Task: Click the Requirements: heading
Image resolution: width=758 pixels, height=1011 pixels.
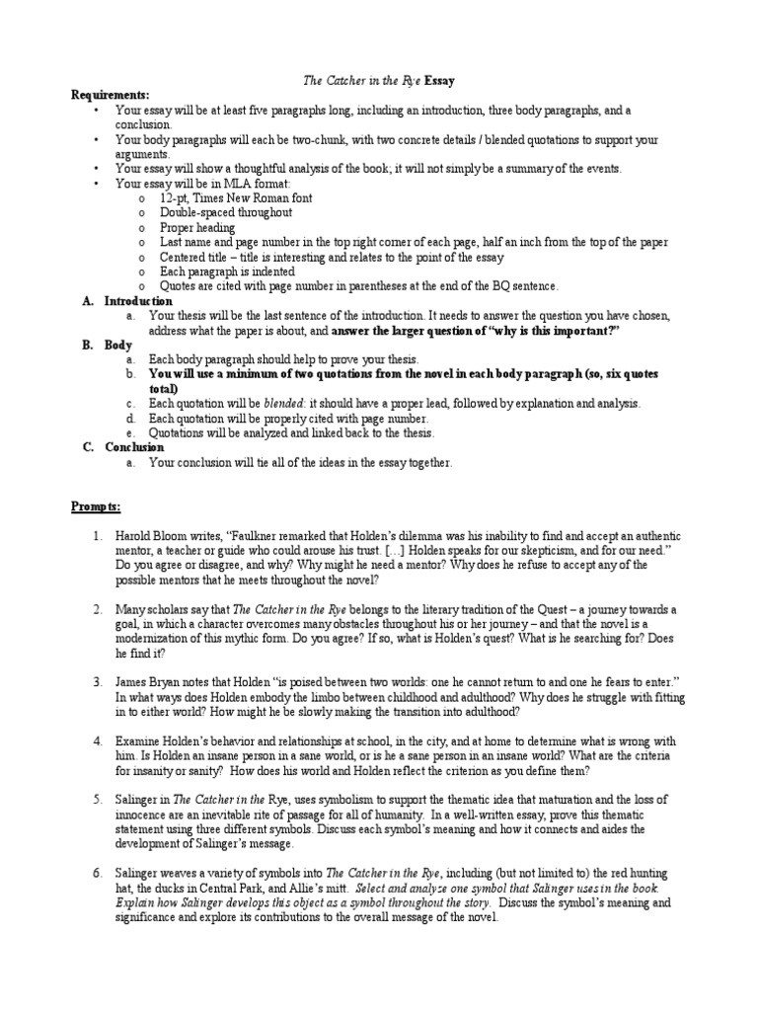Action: [x=110, y=95]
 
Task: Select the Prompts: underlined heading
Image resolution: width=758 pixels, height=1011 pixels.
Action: [x=96, y=506]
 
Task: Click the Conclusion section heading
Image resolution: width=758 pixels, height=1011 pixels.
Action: [x=135, y=447]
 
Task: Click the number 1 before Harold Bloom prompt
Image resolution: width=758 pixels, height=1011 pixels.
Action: [x=98, y=536]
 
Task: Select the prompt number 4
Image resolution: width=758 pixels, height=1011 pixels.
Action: [x=98, y=740]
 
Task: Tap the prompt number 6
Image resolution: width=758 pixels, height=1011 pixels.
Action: [x=98, y=873]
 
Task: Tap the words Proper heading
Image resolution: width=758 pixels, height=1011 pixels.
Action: [x=196, y=227]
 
